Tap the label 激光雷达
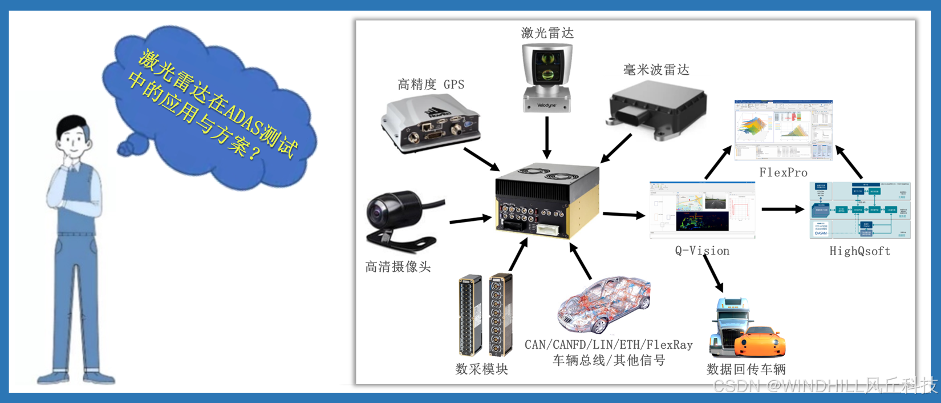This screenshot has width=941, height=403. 547,33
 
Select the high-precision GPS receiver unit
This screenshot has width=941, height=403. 431,124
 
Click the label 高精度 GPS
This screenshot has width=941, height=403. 431,85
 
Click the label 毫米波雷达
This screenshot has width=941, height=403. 656,70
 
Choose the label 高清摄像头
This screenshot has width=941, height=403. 398,267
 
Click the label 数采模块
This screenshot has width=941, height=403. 482,369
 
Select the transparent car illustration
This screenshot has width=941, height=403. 604,305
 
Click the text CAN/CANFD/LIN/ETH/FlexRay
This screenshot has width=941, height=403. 609,345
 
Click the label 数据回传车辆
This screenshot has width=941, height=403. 746,369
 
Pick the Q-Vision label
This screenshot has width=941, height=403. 702,251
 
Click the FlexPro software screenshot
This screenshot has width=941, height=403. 783,130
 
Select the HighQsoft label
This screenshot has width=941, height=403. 859,251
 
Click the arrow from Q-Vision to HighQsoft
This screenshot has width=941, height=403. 782,209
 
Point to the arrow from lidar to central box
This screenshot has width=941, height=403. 547,137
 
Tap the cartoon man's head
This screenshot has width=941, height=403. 74,137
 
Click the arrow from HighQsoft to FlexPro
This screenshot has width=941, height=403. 849,162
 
